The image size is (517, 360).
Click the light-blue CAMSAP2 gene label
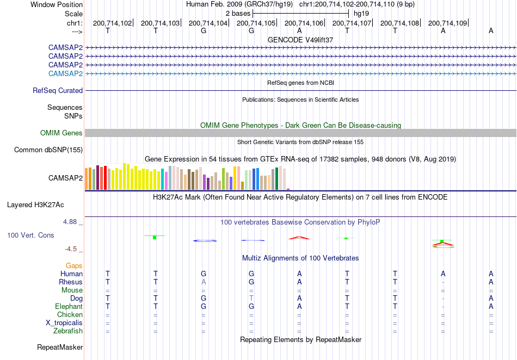(65, 73)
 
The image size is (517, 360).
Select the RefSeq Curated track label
(58, 91)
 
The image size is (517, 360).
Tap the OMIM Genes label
(61, 133)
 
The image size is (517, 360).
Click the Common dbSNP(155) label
(48, 150)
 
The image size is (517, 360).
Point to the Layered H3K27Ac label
(35, 205)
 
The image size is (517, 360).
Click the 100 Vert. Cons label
(30, 235)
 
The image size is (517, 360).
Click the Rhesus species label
(71, 282)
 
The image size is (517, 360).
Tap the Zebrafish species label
(68, 331)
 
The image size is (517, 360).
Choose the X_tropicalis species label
(64, 323)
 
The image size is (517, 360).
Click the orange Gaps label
(74, 265)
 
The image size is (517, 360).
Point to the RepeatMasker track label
(60, 347)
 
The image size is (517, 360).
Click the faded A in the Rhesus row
(204, 282)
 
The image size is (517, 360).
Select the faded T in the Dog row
(251, 298)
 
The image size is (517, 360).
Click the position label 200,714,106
(304, 23)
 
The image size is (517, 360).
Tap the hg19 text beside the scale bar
(361, 14)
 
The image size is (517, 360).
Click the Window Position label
(57, 4)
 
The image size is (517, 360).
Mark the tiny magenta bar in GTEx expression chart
(288, 189)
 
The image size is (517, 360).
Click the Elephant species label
(69, 306)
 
